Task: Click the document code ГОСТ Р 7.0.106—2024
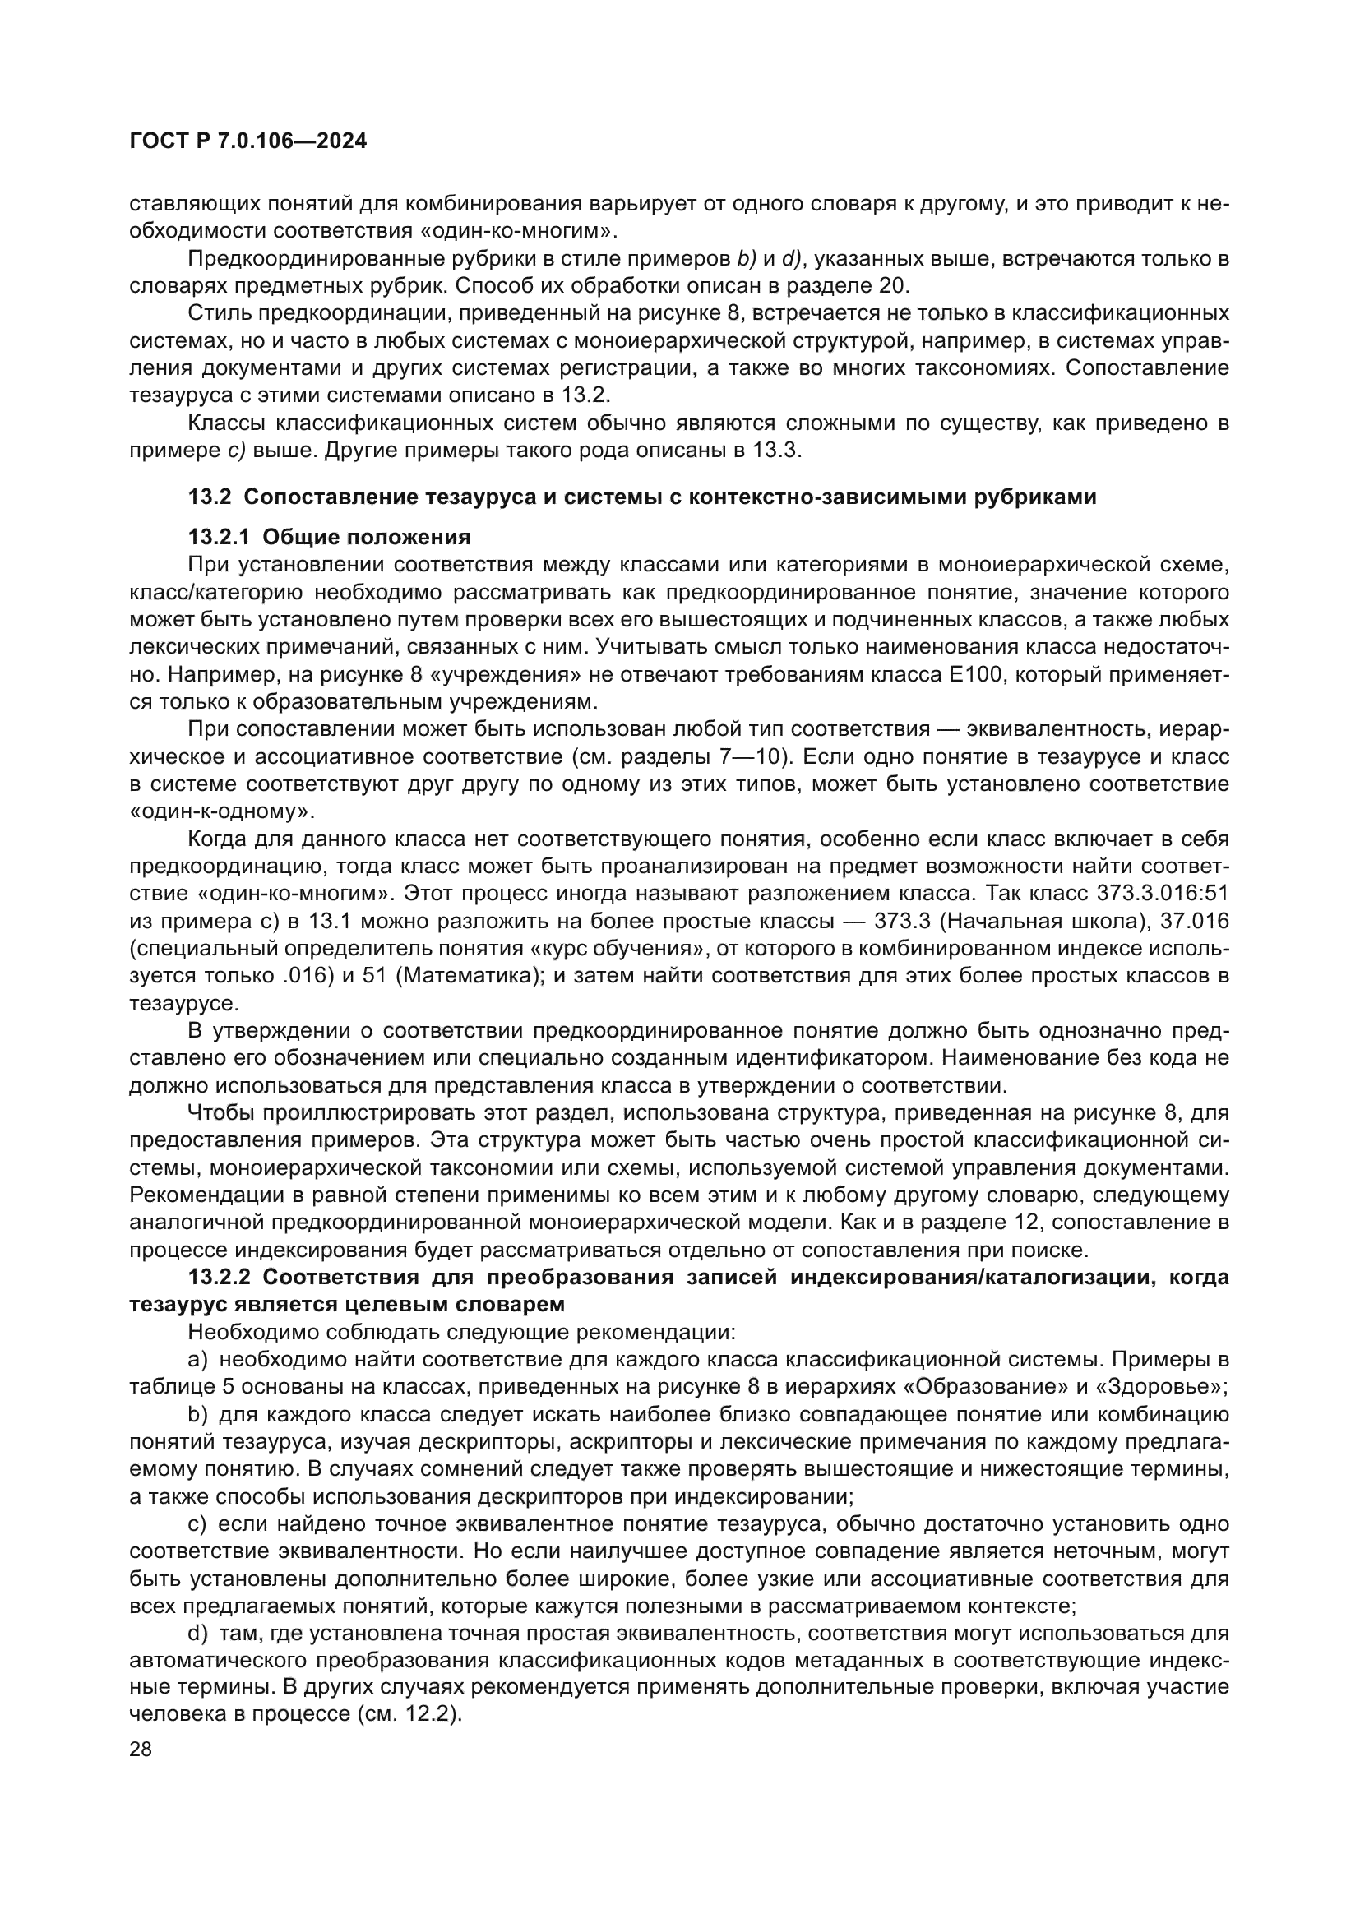247,141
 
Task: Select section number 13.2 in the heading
209,497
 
